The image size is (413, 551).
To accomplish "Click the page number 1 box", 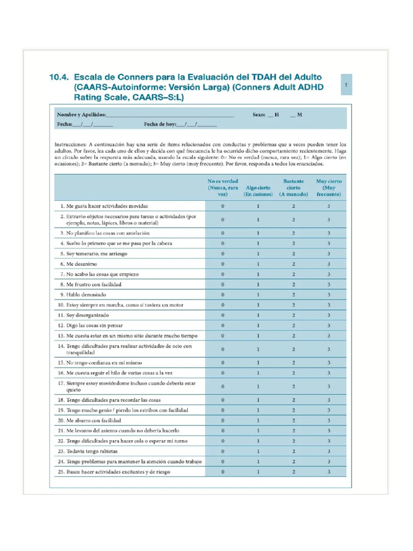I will tap(346, 85).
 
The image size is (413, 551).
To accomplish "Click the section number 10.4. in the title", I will tap(60, 77).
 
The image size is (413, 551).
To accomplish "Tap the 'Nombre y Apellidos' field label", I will tap(81, 115).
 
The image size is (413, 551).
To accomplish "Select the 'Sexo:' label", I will tap(259, 115).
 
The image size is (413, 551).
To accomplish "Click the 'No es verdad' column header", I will tap(223, 188).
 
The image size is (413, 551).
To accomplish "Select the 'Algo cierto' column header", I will tap(258, 191).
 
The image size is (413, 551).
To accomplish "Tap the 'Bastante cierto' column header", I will tap(294, 188).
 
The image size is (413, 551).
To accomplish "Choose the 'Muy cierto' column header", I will tap(329, 188).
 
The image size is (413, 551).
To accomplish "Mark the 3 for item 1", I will tap(329, 206).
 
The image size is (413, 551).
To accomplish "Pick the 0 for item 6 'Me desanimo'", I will tap(223, 264).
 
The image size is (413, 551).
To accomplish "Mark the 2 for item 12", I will tap(294, 326).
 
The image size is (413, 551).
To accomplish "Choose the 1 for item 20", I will tap(258, 420).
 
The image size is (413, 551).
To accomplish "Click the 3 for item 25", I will tap(329, 471).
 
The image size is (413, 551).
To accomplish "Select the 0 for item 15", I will tap(223, 363).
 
